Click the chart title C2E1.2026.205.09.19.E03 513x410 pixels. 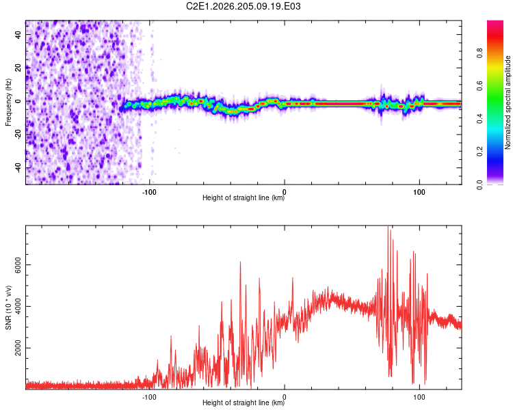243,6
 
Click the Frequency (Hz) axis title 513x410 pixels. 8,102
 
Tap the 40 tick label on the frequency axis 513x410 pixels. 18,34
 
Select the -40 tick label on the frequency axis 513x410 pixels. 18,167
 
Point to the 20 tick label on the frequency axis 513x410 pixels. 18,68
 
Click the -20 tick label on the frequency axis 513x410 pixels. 18,134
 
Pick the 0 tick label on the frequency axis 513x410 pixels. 18,101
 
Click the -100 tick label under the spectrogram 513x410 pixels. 149,192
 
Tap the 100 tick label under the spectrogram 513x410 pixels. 419,192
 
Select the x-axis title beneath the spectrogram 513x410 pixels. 244,197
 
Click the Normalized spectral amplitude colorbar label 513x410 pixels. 508,102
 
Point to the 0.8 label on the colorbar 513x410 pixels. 480,53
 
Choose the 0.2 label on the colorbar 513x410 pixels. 480,152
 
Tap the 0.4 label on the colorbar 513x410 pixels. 480,118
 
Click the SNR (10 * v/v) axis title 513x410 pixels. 8,307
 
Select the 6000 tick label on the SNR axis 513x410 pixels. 18,265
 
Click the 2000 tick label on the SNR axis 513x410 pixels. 18,348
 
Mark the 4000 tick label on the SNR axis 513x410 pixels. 18,306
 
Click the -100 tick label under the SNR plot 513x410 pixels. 149,397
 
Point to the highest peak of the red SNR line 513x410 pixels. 388,226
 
